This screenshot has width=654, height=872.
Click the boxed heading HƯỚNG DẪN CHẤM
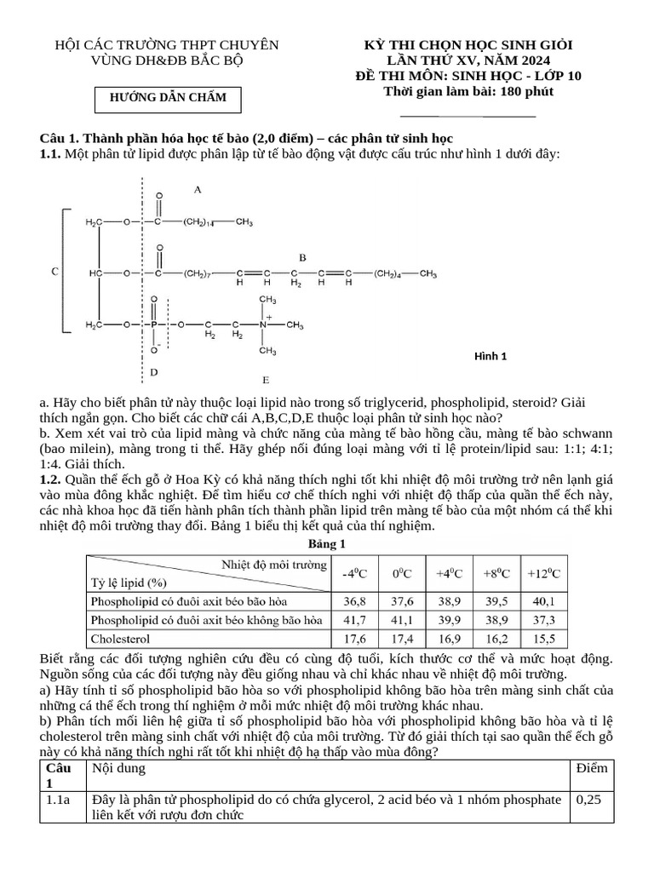[169, 98]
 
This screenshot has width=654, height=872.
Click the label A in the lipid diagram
[198, 190]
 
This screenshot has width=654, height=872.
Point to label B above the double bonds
[302, 256]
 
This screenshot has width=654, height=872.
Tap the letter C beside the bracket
[55, 272]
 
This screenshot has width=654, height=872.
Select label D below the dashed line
[153, 372]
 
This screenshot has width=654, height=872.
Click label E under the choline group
[266, 379]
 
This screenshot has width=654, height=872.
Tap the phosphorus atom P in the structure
[154, 325]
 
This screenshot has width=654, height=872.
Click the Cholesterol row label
[120, 638]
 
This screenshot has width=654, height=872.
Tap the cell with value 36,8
[353, 600]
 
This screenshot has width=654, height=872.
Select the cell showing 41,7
[353, 619]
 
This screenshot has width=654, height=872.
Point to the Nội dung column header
[118, 768]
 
